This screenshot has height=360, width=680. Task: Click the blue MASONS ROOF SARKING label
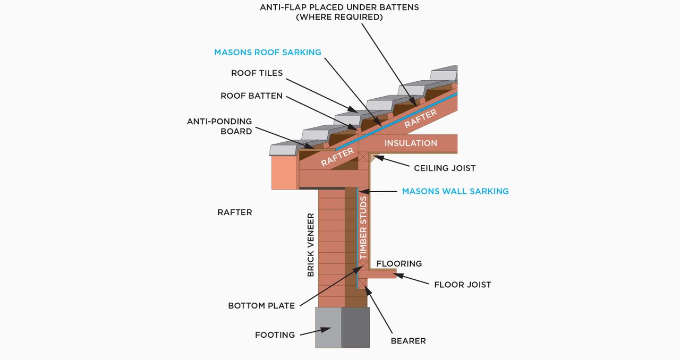pyautogui.click(x=268, y=53)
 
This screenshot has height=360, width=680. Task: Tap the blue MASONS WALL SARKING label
pyautogui.click(x=455, y=191)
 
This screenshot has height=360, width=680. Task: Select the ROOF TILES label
pyautogui.click(x=257, y=73)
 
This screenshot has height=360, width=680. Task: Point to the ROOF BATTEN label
pyautogui.click(x=251, y=96)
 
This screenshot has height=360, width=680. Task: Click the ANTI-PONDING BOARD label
pyautogui.click(x=219, y=126)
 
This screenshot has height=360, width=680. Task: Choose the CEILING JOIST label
pyautogui.click(x=445, y=168)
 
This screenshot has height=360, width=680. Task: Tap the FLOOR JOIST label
pyautogui.click(x=462, y=285)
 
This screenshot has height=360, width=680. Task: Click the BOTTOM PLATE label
pyautogui.click(x=261, y=306)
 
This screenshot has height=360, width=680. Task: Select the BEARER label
pyautogui.click(x=408, y=341)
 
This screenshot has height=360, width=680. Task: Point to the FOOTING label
pyautogui.click(x=275, y=335)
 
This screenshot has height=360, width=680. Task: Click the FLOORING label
pyautogui.click(x=399, y=264)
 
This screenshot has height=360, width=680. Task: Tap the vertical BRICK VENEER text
pyautogui.click(x=311, y=245)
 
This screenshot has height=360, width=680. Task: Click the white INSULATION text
pyautogui.click(x=411, y=143)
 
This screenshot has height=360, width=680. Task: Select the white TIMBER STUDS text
pyautogui.click(x=363, y=228)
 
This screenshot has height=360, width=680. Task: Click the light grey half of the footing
pyautogui.click(x=328, y=327)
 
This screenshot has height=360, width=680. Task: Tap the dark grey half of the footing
pyautogui.click(x=355, y=327)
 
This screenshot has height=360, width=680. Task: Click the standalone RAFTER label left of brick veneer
pyautogui.click(x=234, y=212)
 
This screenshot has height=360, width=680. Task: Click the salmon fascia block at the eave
pyautogui.click(x=284, y=172)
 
